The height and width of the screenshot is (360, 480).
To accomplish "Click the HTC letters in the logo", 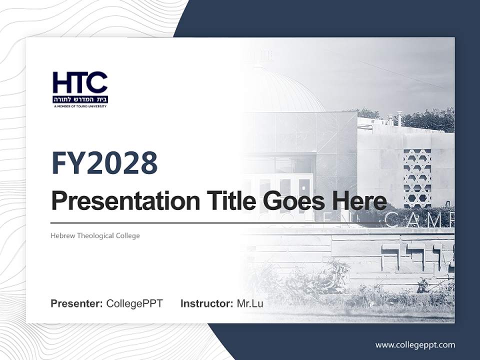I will coord(80,82).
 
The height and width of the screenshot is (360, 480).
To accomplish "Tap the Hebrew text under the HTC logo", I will coord(80,99).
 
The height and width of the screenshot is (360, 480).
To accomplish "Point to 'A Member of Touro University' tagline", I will coord(80,106).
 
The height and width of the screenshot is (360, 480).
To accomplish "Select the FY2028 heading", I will coord(104,163).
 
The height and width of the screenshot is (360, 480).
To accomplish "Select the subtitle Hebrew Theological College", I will coord(95,235).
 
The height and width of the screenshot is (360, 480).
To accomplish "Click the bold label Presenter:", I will coord(77,303).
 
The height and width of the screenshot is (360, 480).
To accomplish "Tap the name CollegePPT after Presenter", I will coord(134,303).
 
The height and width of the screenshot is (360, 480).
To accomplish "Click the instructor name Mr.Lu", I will coord(250,303).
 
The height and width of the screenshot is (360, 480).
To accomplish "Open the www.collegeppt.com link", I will coord(415,344).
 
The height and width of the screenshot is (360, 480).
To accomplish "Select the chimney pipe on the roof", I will coord(399,118).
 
